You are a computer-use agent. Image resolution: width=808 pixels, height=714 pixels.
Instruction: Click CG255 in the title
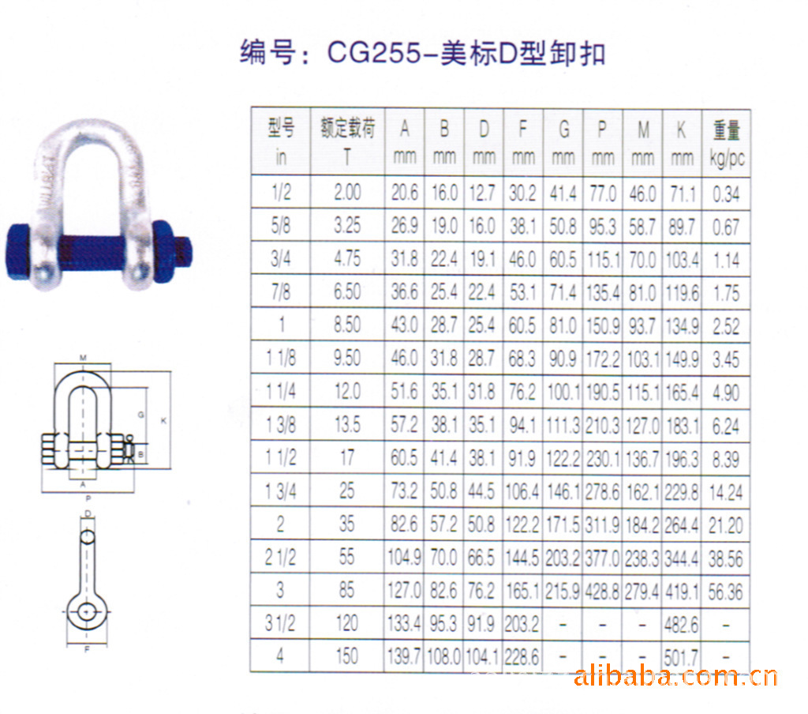[374, 53]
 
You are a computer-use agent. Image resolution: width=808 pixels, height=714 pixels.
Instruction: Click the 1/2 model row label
[282, 193]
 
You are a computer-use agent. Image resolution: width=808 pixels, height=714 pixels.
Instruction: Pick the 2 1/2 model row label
[280, 557]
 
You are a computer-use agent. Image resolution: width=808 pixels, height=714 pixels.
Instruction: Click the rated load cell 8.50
[347, 325]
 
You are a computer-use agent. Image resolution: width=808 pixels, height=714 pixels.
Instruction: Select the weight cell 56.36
[726, 592]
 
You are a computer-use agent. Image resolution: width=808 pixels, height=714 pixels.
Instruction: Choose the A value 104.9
[405, 558]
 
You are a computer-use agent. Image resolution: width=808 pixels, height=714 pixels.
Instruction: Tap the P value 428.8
[602, 592]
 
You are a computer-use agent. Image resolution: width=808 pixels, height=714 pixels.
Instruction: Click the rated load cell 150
[347, 656]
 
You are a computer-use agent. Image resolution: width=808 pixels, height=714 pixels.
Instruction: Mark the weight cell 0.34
[726, 194]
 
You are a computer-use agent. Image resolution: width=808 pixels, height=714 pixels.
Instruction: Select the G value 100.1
[563, 392]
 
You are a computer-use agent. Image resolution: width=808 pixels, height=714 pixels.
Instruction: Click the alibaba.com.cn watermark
[675, 676]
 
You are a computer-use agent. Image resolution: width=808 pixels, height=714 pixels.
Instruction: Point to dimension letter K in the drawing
[164, 421]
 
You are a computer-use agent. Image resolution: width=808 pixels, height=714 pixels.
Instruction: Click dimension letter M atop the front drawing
[83, 358]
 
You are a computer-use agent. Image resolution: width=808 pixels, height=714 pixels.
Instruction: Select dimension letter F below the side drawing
[87, 649]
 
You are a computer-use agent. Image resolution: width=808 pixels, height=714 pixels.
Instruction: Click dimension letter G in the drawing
[140, 415]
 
